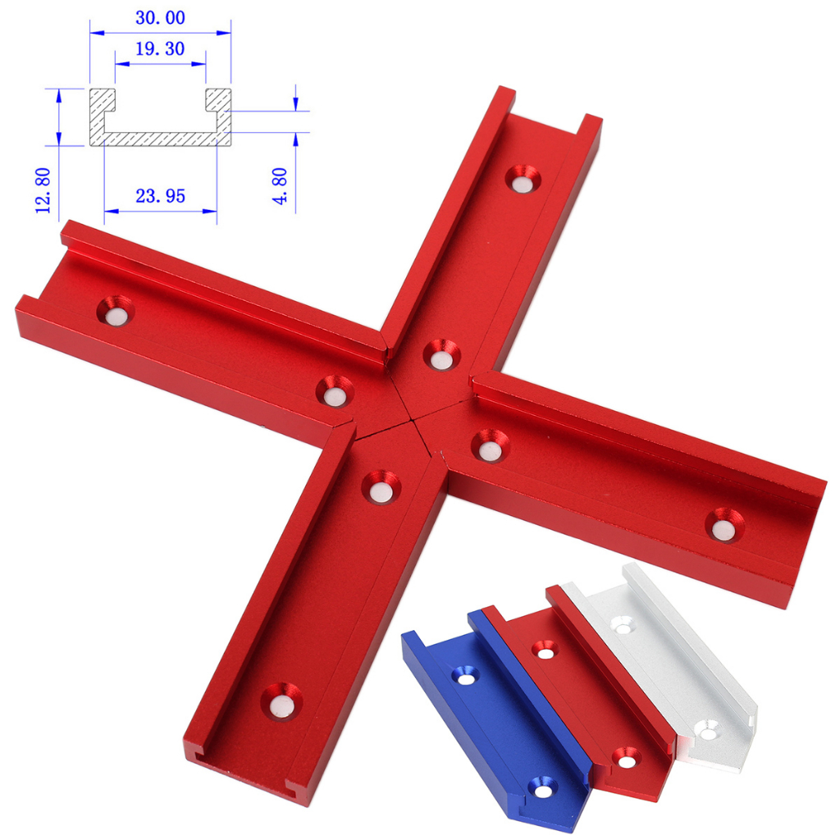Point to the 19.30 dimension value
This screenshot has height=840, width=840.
click(x=159, y=49)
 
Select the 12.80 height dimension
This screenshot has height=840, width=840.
click(x=44, y=189)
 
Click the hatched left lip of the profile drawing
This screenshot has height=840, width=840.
click(x=102, y=103)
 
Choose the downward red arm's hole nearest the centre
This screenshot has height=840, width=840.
click(x=377, y=486)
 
